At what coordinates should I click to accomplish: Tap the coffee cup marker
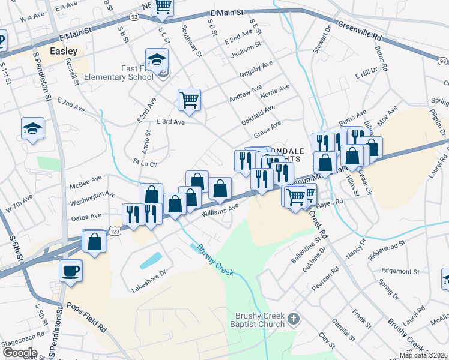click(x=70, y=270)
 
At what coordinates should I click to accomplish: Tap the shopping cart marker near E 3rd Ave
click(x=189, y=100)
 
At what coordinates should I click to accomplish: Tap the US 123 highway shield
click(x=115, y=230)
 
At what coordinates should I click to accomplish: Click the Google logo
click(x=19, y=353)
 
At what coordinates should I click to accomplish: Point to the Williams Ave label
click(x=220, y=210)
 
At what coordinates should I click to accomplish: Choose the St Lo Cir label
click(x=145, y=163)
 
